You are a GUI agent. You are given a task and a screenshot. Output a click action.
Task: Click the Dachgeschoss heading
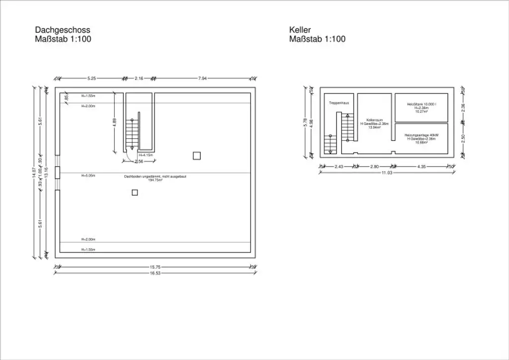point(62,30)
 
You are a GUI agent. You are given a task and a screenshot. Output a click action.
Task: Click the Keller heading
point(300,30)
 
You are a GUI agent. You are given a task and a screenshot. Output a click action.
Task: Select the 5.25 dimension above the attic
point(91,78)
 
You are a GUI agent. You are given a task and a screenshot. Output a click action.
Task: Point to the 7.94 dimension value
point(203,78)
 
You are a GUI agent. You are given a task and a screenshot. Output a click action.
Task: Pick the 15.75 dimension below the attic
point(156,267)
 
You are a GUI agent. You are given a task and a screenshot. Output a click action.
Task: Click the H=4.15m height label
point(146,155)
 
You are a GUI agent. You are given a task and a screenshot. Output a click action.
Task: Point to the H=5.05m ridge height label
point(88,176)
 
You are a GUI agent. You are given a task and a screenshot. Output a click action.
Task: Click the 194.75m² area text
point(156,180)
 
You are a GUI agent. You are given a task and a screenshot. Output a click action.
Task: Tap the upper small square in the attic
point(197,156)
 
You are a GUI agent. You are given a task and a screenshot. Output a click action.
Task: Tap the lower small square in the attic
point(135,192)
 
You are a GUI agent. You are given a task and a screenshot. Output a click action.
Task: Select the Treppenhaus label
point(339,103)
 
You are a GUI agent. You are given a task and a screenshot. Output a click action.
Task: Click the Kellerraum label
point(374,120)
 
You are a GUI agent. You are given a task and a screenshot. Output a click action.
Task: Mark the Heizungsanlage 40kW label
point(421,135)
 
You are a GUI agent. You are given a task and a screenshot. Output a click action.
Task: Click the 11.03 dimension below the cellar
point(387,173)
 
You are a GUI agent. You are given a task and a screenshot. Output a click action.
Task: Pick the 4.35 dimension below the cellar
point(422,167)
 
